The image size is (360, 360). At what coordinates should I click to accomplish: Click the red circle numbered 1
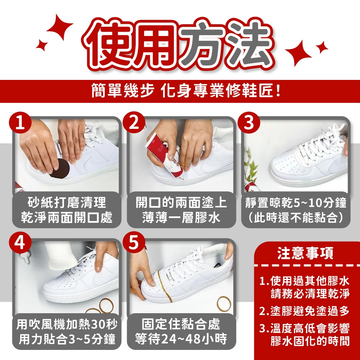point(20,123)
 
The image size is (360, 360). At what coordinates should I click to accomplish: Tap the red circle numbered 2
point(134,123)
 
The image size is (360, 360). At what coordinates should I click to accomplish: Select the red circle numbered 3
point(249,123)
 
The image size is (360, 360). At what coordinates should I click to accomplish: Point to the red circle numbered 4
point(20,242)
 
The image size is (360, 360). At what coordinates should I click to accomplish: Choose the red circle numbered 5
point(134,242)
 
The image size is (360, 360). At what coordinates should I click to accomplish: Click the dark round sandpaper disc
point(60,168)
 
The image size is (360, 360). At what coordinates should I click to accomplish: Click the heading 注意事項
point(305,253)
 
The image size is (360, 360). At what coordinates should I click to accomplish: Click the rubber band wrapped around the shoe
point(165,286)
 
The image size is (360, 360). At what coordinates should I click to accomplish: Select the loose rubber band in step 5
point(224,303)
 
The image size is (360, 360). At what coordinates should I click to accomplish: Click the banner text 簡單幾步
point(122,90)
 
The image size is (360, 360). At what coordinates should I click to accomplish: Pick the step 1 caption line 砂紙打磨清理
point(67,202)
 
